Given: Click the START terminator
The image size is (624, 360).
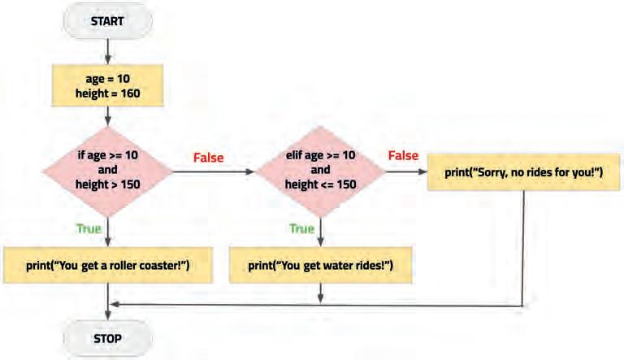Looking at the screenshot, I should (x=106, y=22).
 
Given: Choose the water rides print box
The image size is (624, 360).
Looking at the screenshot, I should (x=320, y=265).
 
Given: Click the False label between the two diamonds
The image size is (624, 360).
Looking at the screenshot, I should (x=208, y=157).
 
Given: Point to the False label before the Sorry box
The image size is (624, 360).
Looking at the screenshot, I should (x=403, y=154).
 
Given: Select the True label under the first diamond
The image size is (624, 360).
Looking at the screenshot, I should (x=89, y=229).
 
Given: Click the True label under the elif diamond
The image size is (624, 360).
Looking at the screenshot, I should (x=302, y=229).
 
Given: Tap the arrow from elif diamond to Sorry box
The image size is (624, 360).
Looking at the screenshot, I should (x=406, y=171).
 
